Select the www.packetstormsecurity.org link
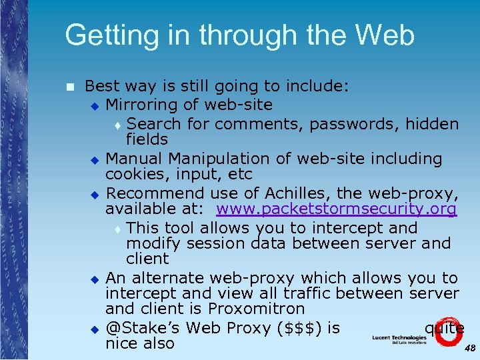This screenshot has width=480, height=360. [x=337, y=209]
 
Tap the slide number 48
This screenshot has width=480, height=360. [x=469, y=348]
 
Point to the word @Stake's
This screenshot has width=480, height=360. [x=143, y=327]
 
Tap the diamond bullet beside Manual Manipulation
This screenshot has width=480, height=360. [x=95, y=160]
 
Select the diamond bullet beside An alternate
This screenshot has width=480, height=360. [x=95, y=279]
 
